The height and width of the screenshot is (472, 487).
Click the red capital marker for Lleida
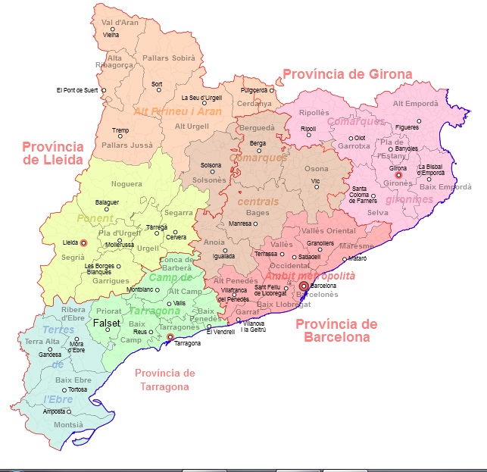click(83, 242)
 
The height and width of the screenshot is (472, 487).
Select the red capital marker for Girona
click(398, 175)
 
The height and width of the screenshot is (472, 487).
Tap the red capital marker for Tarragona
click(170, 337)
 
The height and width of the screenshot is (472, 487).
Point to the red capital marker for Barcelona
click(304, 286)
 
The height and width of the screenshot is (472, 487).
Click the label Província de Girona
click(347, 74)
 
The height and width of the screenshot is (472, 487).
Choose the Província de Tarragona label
click(165, 380)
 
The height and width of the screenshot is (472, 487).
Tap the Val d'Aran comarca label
click(120, 23)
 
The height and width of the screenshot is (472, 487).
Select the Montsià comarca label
click(68, 425)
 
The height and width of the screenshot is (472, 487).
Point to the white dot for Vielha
click(112, 30)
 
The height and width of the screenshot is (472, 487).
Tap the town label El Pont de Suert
click(77, 90)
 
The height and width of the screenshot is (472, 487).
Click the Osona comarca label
click(317, 169)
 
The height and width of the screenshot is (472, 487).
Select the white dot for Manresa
click(255, 224)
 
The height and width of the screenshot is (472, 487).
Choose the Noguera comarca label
click(126, 184)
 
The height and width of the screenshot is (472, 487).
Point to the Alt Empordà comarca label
click(415, 104)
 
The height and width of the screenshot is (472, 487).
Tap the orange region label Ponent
click(95, 218)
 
